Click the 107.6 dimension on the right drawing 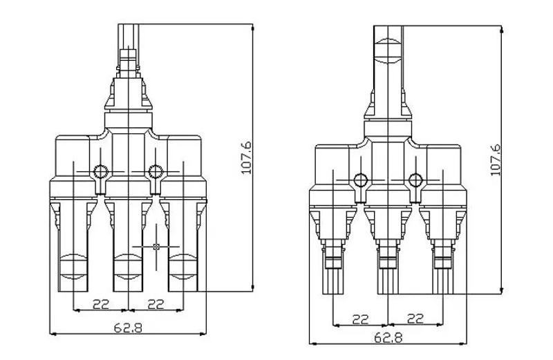(x=494, y=160)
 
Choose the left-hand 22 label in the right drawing (x=361, y=319)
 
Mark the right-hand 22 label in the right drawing (x=415, y=319)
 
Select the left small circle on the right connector (x=360, y=181)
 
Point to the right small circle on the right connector (x=415, y=181)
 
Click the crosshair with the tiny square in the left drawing (x=156, y=246)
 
